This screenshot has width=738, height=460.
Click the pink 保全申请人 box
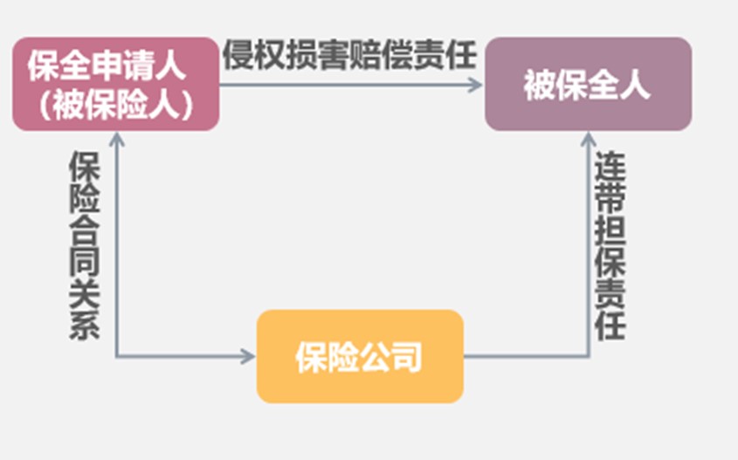click(114, 84)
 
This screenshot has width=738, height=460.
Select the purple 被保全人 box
click(588, 84)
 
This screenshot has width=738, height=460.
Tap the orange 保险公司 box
click(359, 355)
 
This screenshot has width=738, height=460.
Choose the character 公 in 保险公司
click(375, 356)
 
